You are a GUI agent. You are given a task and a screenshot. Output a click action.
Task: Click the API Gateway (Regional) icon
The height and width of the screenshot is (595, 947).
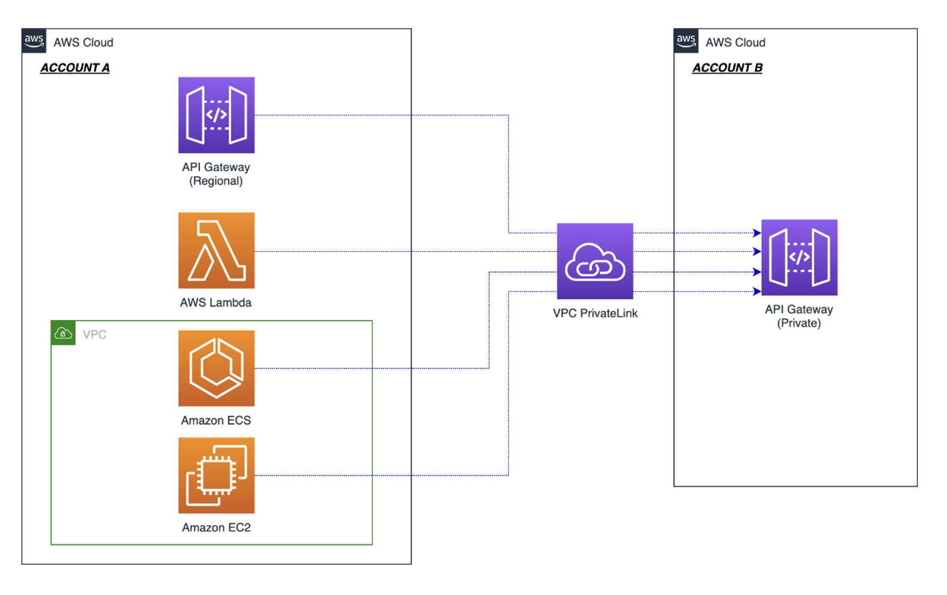(216, 115)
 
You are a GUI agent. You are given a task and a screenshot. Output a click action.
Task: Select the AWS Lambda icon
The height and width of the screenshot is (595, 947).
(216, 250)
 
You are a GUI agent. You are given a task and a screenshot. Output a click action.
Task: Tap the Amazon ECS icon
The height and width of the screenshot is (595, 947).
(216, 368)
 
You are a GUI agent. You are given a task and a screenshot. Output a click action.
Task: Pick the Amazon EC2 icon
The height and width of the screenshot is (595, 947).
(216, 475)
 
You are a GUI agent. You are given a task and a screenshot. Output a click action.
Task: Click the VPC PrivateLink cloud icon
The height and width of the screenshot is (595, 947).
(594, 261)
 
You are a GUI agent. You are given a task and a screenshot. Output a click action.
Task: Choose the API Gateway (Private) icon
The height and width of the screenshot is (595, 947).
(799, 258)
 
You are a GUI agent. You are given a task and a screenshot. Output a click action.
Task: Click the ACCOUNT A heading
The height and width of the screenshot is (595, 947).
(75, 68)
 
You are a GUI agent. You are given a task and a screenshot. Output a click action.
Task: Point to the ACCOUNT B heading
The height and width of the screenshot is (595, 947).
(727, 68)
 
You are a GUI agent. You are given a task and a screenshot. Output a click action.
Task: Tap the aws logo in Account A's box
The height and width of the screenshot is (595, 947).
(34, 41)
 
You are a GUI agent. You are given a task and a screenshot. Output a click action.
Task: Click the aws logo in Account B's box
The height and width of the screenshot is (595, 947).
(686, 41)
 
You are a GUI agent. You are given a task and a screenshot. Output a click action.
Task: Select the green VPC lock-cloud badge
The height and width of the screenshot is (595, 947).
(63, 333)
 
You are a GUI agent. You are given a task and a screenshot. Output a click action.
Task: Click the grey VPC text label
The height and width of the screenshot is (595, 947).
(95, 334)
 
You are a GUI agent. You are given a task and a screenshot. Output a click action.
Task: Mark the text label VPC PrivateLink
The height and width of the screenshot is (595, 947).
(595, 314)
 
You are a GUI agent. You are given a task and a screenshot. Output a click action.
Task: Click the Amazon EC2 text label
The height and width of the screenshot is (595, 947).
(216, 528)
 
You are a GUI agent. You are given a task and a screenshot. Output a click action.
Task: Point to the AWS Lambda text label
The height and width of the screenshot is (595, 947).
(215, 303)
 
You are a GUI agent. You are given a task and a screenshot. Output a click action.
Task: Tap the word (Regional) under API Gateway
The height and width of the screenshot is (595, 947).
(215, 181)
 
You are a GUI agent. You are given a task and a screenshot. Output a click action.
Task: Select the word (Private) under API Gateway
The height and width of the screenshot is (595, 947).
(798, 324)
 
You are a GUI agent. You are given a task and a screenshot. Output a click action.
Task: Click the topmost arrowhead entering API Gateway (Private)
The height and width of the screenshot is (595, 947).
(757, 233)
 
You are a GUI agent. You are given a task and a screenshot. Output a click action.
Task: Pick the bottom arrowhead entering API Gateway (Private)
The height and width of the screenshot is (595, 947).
(757, 292)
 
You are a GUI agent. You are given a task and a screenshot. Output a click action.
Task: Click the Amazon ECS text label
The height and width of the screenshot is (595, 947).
(215, 421)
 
